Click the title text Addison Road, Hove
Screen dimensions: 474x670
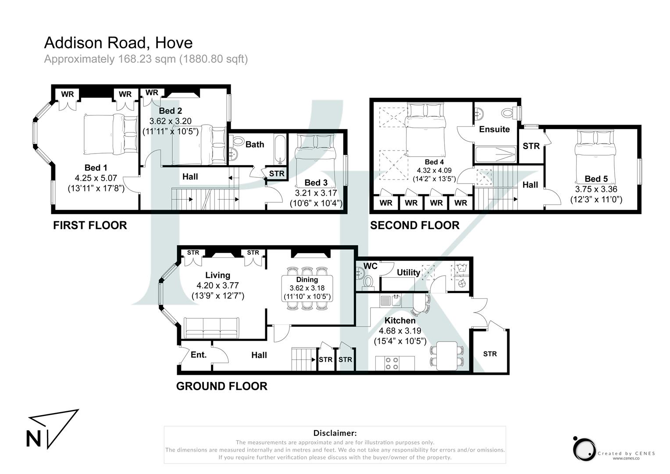pos(118,43)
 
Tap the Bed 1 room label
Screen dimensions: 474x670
pos(96,168)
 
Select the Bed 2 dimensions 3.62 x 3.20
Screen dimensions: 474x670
pos(170,121)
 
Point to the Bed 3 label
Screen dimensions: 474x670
pos(316,183)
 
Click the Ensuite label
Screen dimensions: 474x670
pos(494,129)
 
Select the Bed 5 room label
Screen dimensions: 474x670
pos(596,179)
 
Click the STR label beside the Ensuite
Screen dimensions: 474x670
pos(531,146)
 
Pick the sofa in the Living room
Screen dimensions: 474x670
pos(211,327)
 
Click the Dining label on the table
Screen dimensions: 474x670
pos(307,280)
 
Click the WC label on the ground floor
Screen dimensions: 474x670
pos(371,266)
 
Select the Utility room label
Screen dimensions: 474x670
pos(408,272)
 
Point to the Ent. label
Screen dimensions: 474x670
pos(198,355)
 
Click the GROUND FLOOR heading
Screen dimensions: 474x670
pos(221,386)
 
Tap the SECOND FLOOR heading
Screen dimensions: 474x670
pos(414,225)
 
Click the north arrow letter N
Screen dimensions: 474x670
pos(34,439)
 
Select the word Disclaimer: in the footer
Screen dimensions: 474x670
pos(335,433)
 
